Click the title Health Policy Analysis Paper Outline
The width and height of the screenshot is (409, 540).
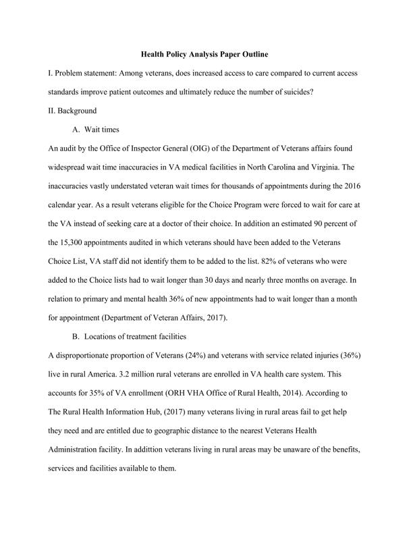tap(204, 53)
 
